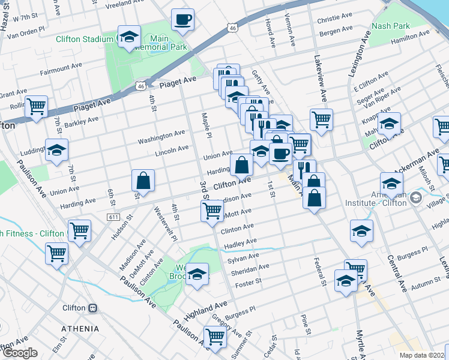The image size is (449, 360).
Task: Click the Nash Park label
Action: click(391, 26)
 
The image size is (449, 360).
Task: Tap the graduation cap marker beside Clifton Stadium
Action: click(129, 38)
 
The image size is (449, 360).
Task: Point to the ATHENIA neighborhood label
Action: click(80, 329)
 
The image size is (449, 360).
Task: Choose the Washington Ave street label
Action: click(161, 137)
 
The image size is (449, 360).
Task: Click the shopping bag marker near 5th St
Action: click(143, 181)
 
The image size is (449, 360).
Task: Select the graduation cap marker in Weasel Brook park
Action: click(197, 275)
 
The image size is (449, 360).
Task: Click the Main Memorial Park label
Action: click(168, 43)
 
